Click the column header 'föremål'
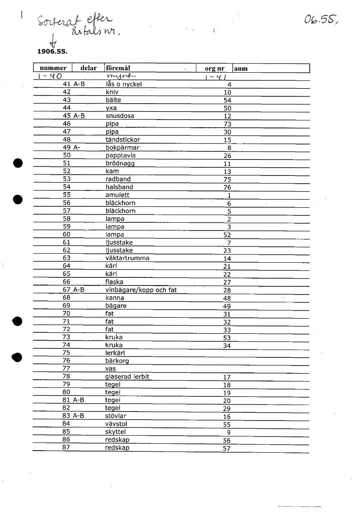(x=118, y=68)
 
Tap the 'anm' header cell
(x=241, y=68)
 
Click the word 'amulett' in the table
(x=117, y=195)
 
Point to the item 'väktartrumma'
(x=128, y=258)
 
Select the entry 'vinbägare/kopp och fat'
(x=141, y=290)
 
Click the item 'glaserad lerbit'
(x=127, y=377)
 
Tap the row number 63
(x=66, y=258)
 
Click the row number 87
(x=66, y=448)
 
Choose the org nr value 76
(x=227, y=187)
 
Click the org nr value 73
(x=227, y=124)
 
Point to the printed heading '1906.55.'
(x=52, y=51)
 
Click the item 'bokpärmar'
(x=122, y=147)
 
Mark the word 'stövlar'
(x=116, y=416)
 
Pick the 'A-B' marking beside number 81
(x=79, y=400)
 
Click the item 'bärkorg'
(x=117, y=361)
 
